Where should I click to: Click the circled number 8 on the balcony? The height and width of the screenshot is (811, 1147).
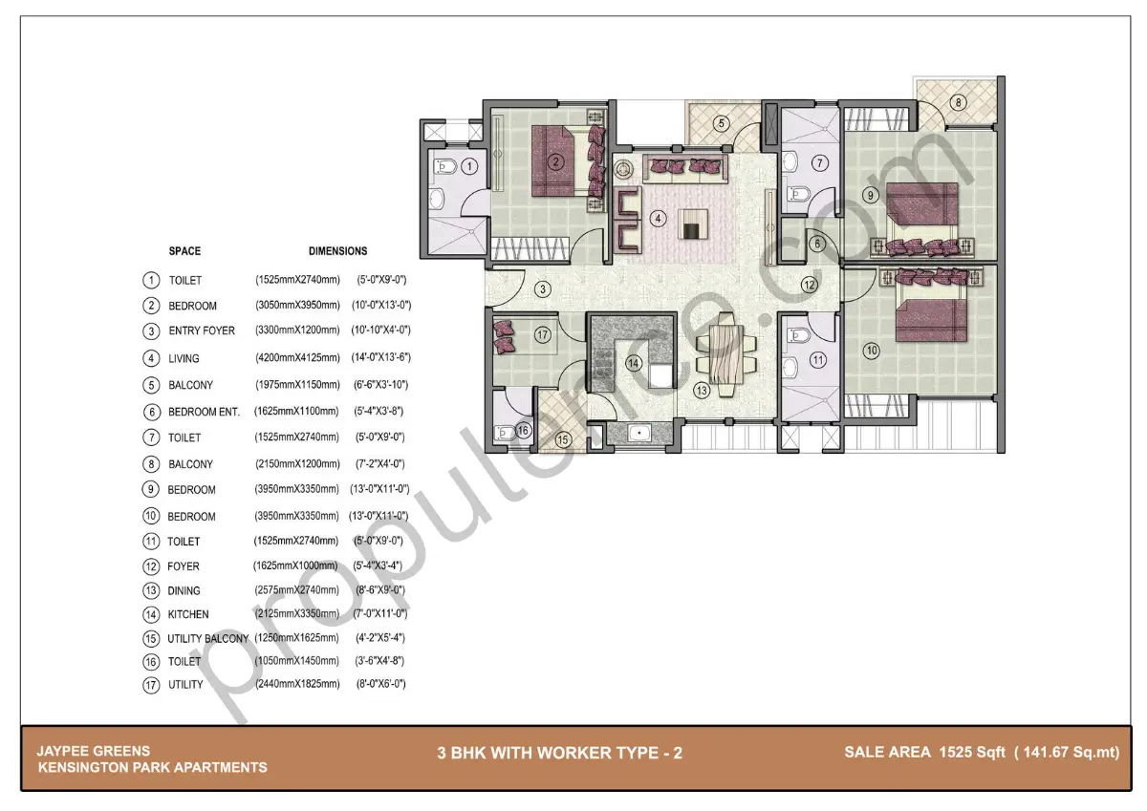959,102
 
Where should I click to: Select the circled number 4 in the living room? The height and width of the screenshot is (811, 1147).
658,218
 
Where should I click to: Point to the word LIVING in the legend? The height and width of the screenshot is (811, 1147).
184,358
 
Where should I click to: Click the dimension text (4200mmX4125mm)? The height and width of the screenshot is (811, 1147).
297,358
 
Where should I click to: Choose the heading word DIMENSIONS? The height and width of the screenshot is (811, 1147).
337,251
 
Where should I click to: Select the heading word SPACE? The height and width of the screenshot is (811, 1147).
184,251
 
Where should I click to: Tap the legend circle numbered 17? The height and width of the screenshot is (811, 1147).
150,685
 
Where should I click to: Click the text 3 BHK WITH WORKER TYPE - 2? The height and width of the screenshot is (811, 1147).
559,753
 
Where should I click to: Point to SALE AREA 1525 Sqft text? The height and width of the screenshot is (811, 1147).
982,753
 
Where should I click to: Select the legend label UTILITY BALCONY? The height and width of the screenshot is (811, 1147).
207,638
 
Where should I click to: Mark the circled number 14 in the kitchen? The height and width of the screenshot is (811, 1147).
633,363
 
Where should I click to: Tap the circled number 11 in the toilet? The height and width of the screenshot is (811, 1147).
817,360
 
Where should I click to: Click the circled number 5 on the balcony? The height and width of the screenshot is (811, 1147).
722,122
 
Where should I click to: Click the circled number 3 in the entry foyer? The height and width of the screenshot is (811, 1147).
542,288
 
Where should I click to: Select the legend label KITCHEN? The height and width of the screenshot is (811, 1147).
188,614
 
